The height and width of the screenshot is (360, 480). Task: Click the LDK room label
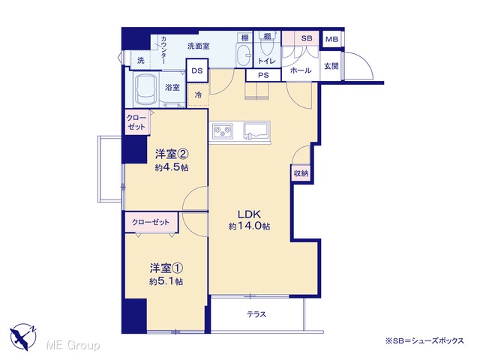point(250,214)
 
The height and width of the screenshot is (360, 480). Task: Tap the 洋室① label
point(166,268)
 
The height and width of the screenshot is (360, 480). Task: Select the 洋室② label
point(172,154)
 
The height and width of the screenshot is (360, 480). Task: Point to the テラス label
point(256,314)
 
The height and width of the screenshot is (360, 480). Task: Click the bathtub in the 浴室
point(146,89)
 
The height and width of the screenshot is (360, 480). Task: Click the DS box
point(197,70)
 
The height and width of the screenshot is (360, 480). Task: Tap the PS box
point(263,75)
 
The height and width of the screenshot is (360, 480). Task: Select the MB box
point(331,39)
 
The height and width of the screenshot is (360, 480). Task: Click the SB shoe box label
point(307,38)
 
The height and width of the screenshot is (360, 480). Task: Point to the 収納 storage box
point(301,173)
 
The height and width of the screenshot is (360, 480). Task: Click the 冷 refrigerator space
point(198,95)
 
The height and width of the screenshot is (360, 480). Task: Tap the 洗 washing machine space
point(140,60)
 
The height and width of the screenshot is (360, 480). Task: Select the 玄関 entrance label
point(331,66)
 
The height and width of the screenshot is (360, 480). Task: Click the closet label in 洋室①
point(151,222)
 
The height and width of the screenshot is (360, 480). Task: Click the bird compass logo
point(23,337)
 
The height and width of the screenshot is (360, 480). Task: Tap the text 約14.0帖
point(249,226)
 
